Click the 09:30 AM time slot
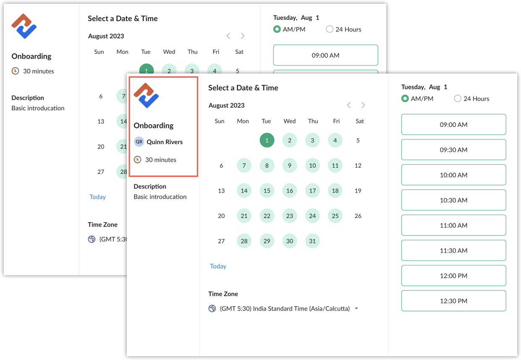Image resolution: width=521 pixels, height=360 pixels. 453,150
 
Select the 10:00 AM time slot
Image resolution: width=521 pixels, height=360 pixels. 453,175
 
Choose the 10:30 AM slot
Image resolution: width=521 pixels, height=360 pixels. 453,200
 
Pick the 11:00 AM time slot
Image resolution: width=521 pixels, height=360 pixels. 453,225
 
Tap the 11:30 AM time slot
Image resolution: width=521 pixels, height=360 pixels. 453,250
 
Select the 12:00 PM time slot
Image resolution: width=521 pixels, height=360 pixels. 453,276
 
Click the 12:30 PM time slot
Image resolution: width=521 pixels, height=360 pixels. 453,301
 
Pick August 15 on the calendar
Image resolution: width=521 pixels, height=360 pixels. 267,191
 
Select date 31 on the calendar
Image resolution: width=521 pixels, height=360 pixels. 312,241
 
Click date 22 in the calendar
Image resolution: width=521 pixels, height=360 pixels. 267,216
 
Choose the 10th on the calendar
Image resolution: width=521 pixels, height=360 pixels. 312,166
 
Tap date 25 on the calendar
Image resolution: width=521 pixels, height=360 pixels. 335,216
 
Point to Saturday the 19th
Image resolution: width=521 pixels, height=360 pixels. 358,191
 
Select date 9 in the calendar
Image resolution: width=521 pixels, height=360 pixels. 290,166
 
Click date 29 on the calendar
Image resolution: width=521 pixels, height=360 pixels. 267,241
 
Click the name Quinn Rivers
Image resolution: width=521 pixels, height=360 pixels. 165,142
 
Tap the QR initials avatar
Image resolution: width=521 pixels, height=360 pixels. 139,142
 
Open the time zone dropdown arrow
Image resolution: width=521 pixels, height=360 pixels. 356,309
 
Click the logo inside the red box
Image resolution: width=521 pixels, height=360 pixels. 146,95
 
